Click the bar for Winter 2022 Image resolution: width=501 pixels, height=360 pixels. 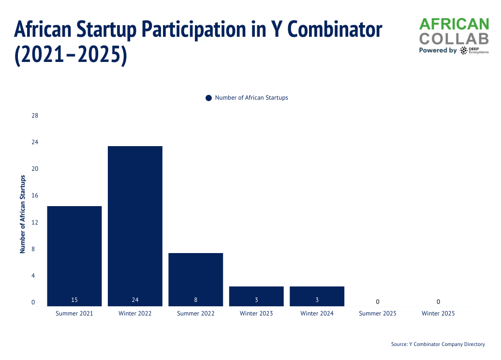[135, 225]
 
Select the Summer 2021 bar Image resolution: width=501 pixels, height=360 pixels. [74, 255]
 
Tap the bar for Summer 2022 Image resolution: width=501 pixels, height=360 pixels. [195, 279]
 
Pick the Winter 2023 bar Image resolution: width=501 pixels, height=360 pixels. [256, 296]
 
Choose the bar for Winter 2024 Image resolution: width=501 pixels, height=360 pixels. [317, 296]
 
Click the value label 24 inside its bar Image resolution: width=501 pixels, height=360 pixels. [135, 300]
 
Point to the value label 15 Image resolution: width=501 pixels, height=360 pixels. [74, 300]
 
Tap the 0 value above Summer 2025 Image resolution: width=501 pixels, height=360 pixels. [378, 302]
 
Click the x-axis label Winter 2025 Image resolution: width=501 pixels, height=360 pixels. [438, 314]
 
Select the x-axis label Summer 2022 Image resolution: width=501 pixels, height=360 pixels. [195, 314]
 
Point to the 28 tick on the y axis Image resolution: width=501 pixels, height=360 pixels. [34, 116]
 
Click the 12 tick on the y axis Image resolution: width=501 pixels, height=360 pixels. [34, 223]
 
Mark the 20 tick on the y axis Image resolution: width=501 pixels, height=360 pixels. [34, 169]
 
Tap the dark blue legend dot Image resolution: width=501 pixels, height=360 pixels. [208, 98]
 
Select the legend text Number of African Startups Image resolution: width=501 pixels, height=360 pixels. [251, 98]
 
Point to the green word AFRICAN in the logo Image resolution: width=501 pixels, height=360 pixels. [454, 24]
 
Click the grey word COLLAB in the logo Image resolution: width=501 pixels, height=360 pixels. [454, 38]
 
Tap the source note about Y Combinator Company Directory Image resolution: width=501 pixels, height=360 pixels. [438, 345]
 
